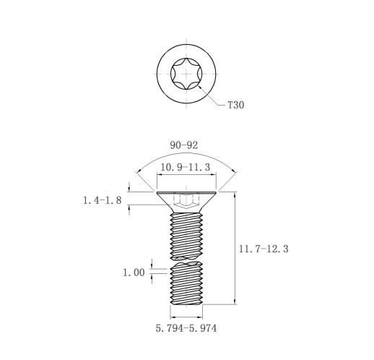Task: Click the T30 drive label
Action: [x=236, y=105]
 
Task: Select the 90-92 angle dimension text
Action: [x=184, y=145]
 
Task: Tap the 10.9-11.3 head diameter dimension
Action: [x=185, y=167]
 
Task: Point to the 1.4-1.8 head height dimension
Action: [x=103, y=200]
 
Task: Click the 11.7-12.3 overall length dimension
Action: [x=264, y=249]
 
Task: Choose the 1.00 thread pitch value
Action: [x=134, y=273]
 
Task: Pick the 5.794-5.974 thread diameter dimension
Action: [x=186, y=328]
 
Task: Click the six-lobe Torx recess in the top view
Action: [x=186, y=74]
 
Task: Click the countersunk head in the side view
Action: [x=186, y=202]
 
